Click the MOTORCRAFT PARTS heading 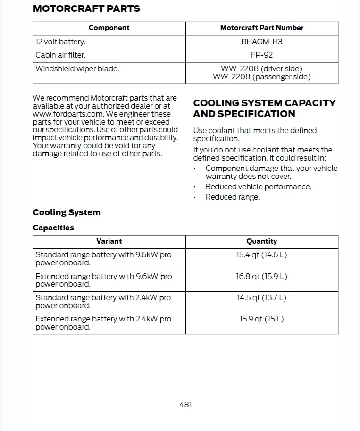pos(86,8)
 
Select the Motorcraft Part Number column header pos(262,28)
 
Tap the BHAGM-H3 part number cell pos(262,42)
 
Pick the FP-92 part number pos(262,55)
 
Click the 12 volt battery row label pos(60,42)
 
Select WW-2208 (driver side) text pos(262,68)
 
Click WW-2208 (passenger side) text pos(262,76)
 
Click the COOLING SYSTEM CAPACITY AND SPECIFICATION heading pos(264,108)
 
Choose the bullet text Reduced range pos(233,197)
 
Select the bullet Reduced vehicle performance pos(258,186)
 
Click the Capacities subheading pos(53,228)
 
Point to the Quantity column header pos(262,241)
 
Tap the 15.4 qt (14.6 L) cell pos(262,254)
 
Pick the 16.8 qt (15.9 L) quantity pos(262,276)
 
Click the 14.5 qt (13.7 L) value pos(262,297)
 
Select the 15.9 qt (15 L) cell pos(262,319)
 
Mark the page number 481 pos(185,405)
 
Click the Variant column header pos(109,241)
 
